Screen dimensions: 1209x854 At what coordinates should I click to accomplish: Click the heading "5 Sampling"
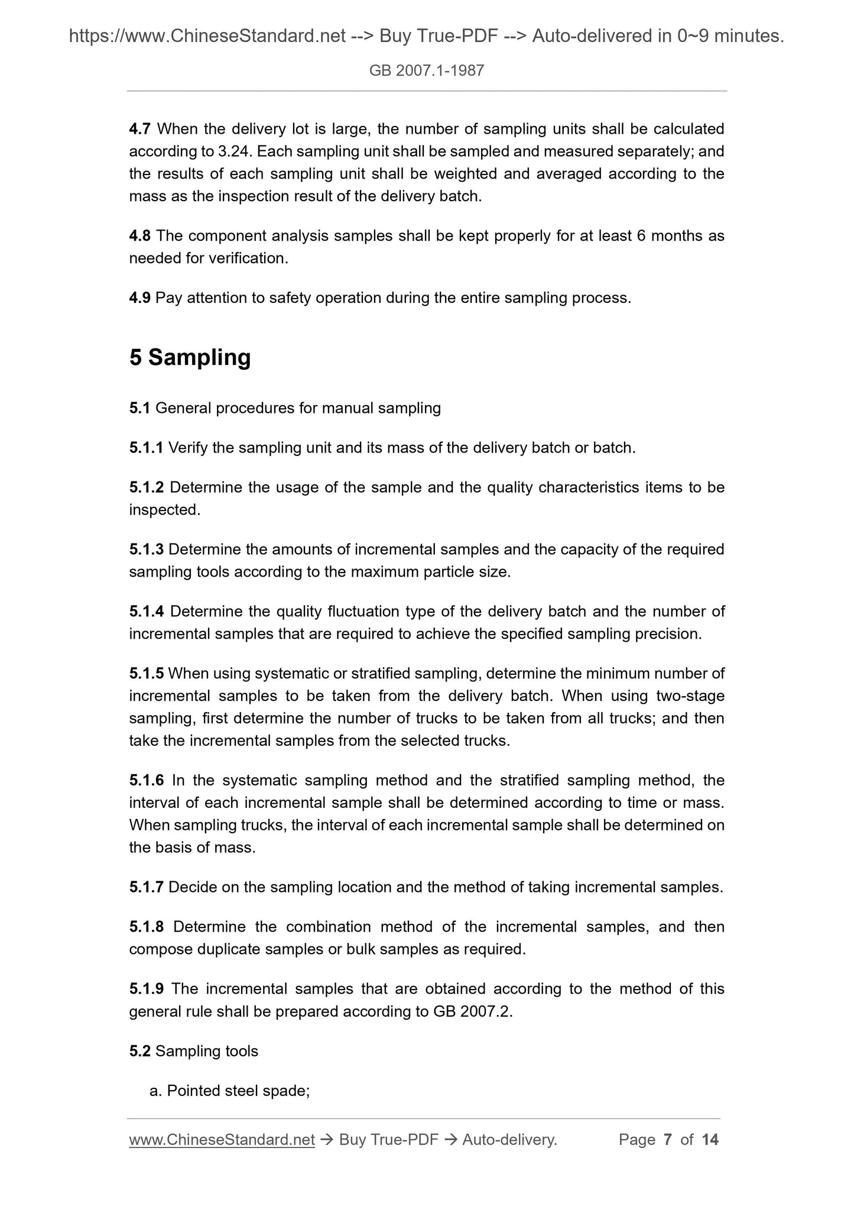pyautogui.click(x=190, y=358)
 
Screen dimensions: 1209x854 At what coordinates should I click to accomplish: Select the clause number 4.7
pyautogui.click(x=140, y=129)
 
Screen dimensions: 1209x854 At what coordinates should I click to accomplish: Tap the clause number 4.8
pyautogui.click(x=140, y=236)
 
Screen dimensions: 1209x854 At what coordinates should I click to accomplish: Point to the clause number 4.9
pyautogui.click(x=140, y=298)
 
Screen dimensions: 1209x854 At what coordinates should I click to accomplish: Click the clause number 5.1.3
pyautogui.click(x=146, y=549)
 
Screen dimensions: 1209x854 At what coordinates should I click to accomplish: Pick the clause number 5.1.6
pyautogui.click(x=146, y=781)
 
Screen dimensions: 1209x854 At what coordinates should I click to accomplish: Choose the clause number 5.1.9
pyautogui.click(x=147, y=989)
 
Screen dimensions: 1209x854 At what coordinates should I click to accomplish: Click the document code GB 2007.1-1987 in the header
pyautogui.click(x=427, y=71)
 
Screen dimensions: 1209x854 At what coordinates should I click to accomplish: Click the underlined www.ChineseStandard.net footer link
pyautogui.click(x=222, y=1140)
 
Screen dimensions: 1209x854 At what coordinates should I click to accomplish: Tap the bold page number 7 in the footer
pyautogui.click(x=668, y=1140)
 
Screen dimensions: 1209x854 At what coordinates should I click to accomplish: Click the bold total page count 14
pyautogui.click(x=709, y=1140)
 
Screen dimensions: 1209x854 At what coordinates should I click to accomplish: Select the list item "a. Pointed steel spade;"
pyautogui.click(x=230, y=1091)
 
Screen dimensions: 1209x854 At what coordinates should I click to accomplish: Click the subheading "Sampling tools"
pyautogui.click(x=207, y=1051)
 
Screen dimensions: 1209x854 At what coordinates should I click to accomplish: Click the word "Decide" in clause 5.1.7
pyautogui.click(x=188, y=887)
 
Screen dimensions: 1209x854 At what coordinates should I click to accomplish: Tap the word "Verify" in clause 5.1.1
pyautogui.click(x=187, y=448)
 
